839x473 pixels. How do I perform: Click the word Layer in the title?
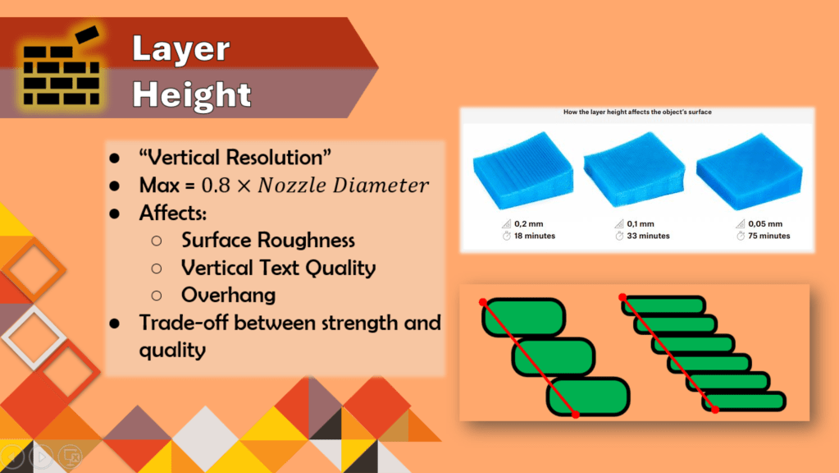[181, 48]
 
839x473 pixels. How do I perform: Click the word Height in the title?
[192, 94]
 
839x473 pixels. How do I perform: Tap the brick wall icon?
[62, 67]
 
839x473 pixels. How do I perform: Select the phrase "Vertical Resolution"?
[235, 158]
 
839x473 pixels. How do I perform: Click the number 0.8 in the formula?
[216, 186]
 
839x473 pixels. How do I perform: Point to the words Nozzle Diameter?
[343, 186]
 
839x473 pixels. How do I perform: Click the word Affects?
[172, 213]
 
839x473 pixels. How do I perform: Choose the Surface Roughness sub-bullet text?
[268, 241]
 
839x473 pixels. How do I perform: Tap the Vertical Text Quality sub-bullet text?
[278, 268]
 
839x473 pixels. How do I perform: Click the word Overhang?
[229, 295]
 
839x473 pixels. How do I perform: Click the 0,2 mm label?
[529, 224]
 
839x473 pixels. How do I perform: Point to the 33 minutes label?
[648, 236]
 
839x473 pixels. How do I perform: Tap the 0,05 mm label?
[765, 224]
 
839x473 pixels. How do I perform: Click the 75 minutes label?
[769, 236]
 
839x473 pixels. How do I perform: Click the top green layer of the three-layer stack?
[524, 317]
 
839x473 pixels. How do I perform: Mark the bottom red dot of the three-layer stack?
[576, 415]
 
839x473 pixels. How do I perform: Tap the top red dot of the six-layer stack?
[622, 296]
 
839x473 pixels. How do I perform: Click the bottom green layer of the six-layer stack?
[745, 402]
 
